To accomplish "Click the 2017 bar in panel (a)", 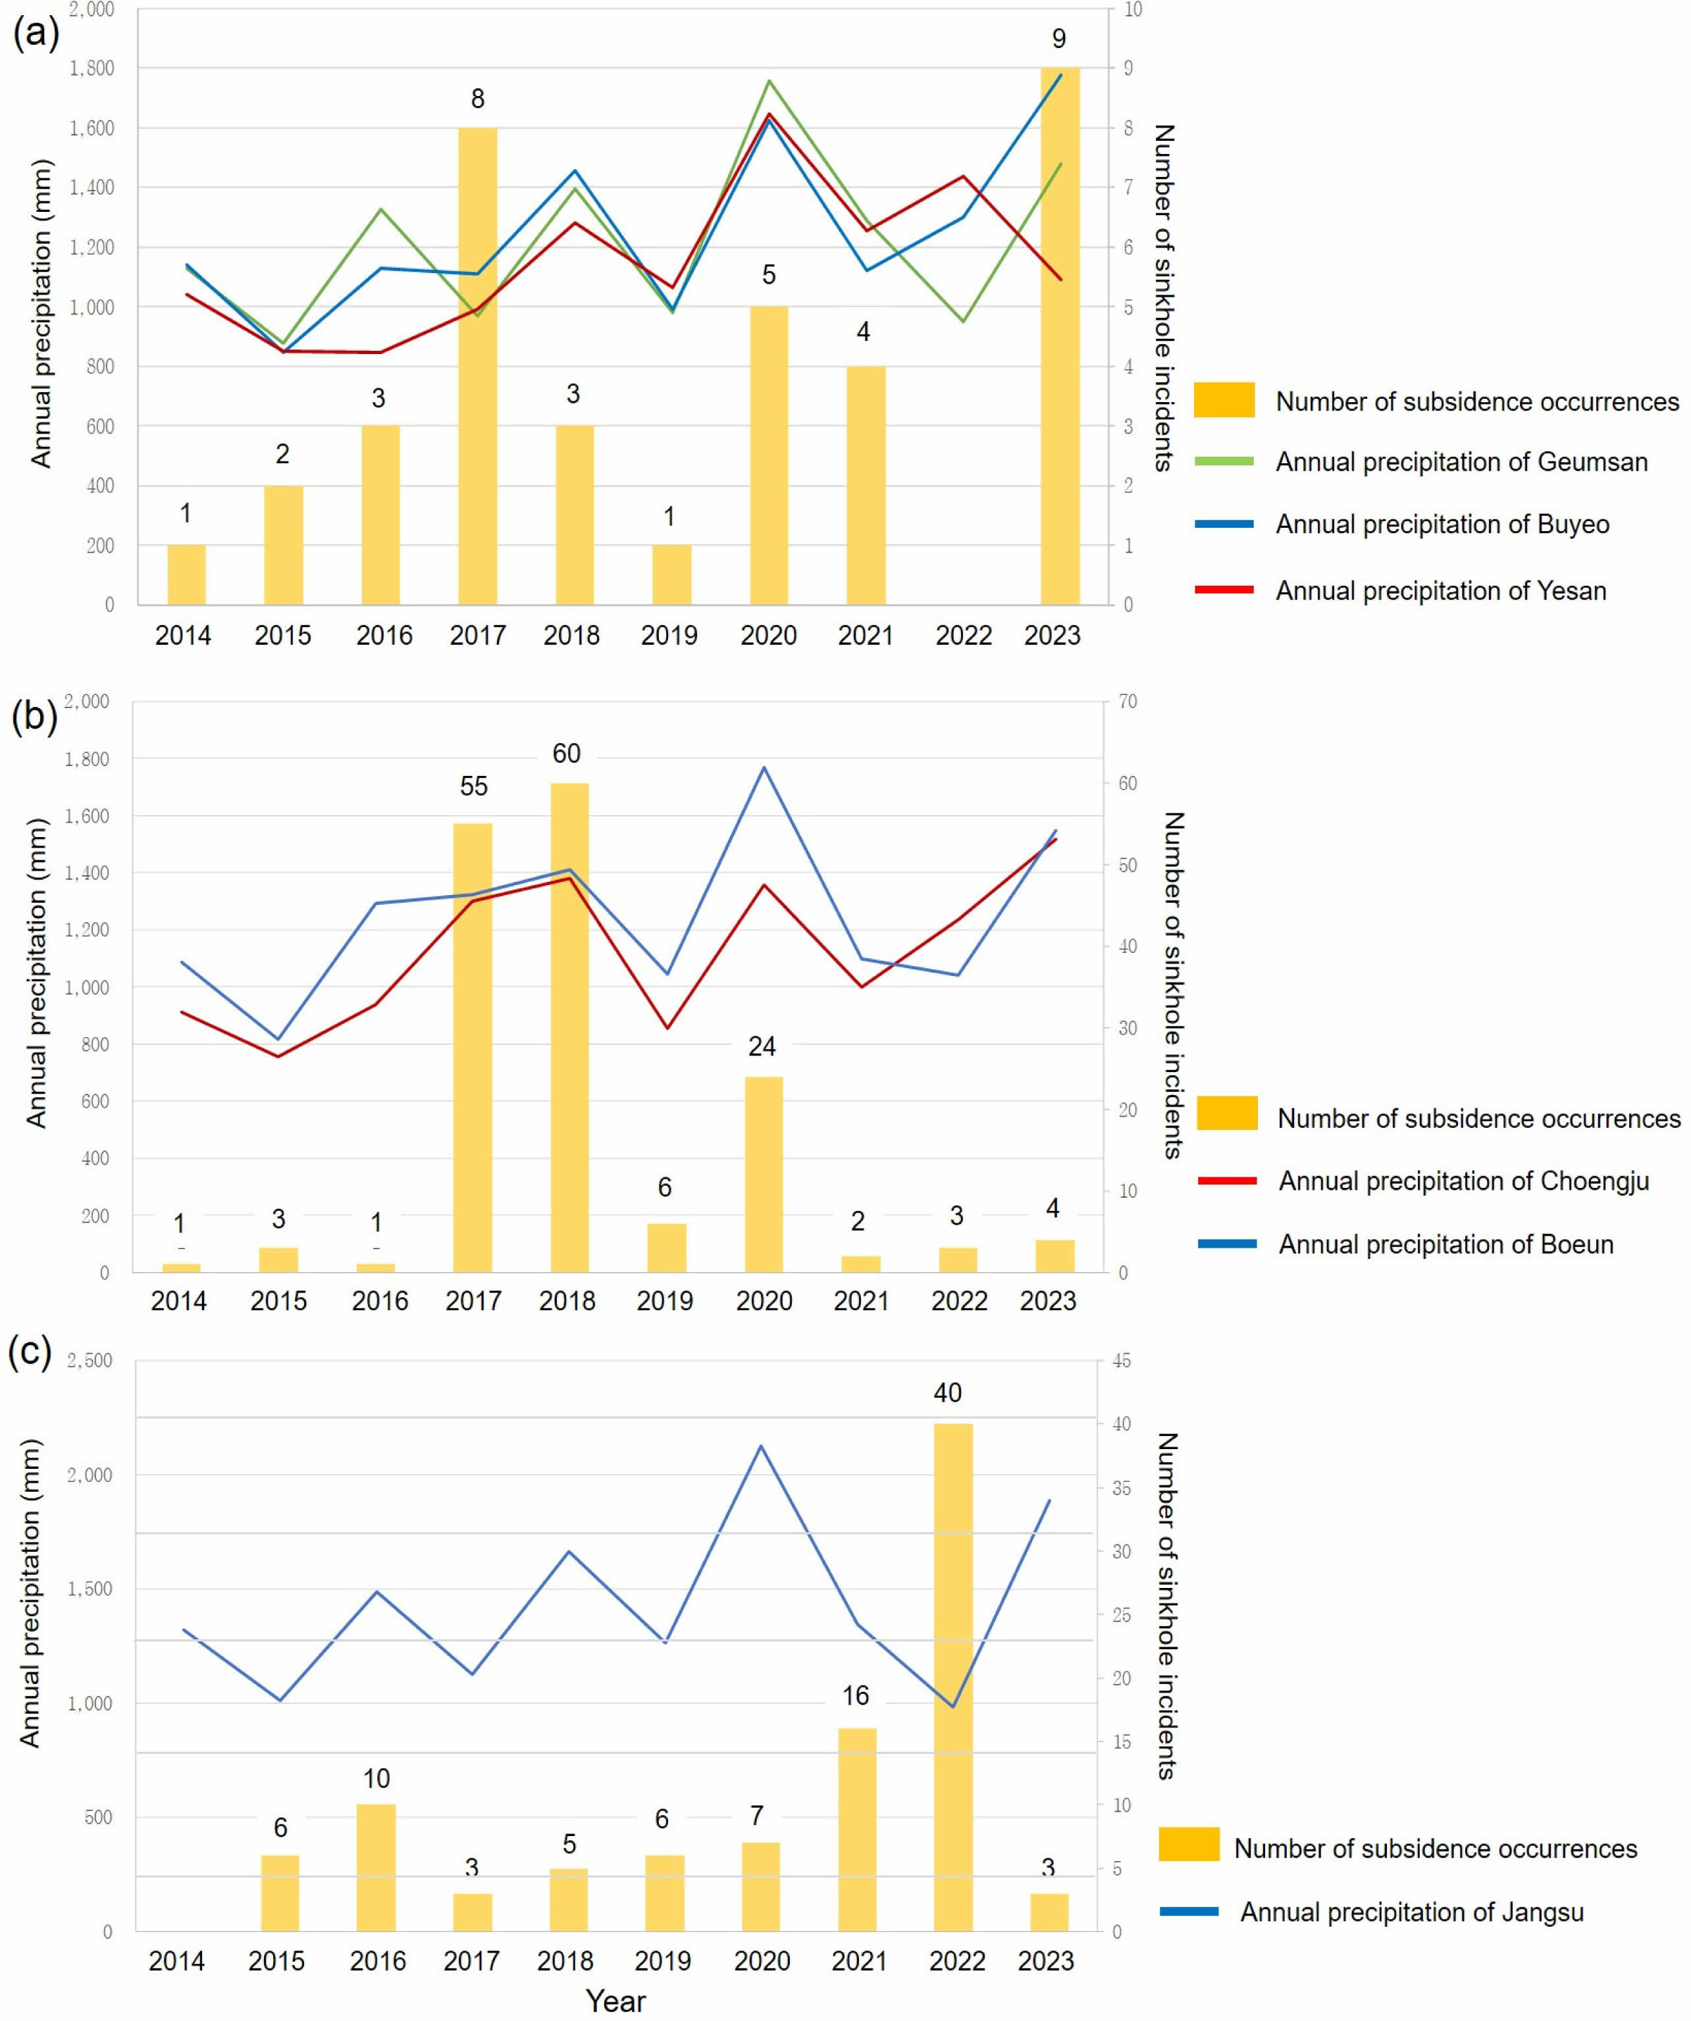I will click(477, 366).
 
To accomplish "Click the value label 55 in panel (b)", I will click(473, 786).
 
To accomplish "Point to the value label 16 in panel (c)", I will click(856, 1696).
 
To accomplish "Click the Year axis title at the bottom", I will click(616, 2002).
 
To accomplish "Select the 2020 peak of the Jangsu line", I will click(760, 1445).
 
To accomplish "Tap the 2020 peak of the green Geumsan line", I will click(768, 81).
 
